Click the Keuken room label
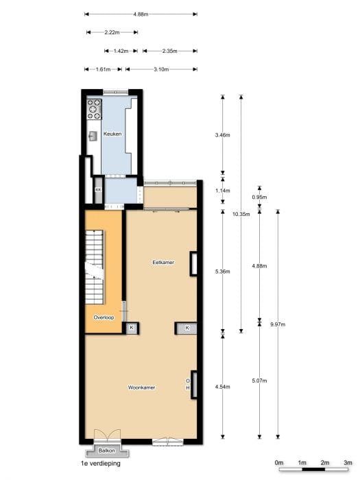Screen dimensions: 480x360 pos(112,134)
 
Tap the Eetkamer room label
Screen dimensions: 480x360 pos(163,262)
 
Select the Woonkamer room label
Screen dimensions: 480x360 pos(141,387)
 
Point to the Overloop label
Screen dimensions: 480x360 pos(104,317)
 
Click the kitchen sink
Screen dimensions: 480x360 pos(93,135)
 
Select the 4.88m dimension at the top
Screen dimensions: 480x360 pos(141,14)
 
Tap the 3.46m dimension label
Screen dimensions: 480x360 pos(223,136)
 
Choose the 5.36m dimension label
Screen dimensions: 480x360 pos(223,272)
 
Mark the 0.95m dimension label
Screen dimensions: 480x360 pos(259,197)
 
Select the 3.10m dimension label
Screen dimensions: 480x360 pos(162,69)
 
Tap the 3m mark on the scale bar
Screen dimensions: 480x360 pos(348,463)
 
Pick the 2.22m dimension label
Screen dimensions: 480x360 pos(112,32)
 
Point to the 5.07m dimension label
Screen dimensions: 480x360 pos(259,381)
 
